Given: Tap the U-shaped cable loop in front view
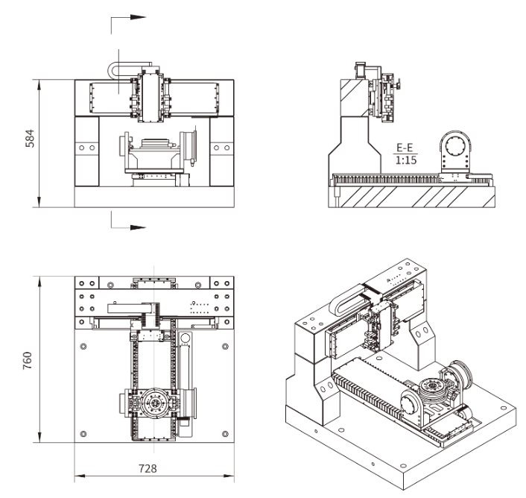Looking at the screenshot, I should [120, 70].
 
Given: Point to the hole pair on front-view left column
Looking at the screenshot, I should [88, 148].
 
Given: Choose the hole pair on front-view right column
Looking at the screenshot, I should [221, 148].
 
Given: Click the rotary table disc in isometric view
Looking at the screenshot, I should [431, 385].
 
